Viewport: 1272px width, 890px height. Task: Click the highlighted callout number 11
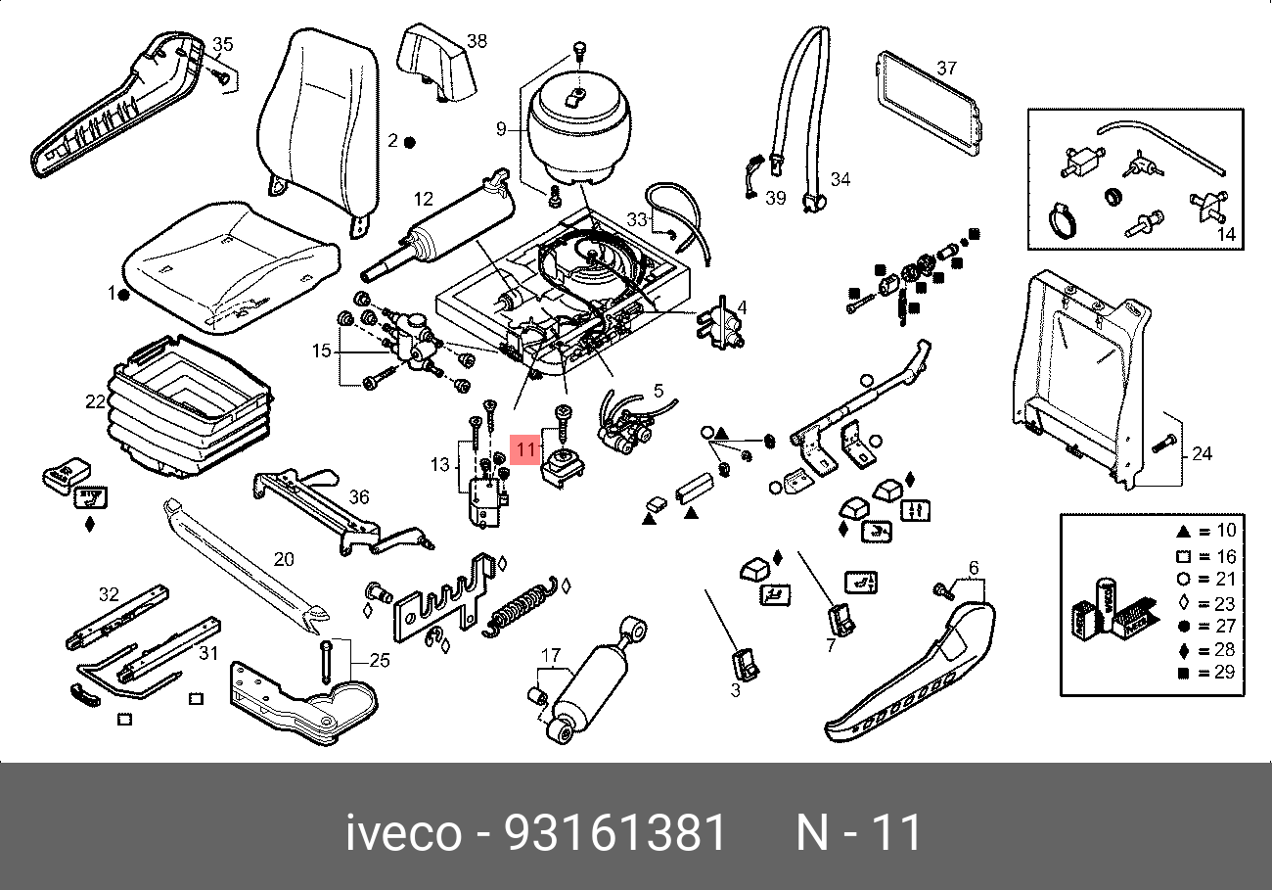click(526, 449)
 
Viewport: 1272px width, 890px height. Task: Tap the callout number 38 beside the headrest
click(477, 41)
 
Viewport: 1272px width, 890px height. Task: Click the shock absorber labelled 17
click(595, 679)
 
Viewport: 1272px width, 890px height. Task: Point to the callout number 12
click(423, 199)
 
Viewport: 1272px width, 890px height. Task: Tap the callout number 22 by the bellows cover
click(95, 401)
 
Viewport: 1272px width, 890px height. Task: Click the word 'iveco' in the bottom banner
click(402, 833)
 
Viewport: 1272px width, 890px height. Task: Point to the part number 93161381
click(615, 833)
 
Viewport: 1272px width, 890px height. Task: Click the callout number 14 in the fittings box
click(1225, 234)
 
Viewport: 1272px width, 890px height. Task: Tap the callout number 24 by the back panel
click(1203, 453)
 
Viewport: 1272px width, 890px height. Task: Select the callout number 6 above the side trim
click(974, 568)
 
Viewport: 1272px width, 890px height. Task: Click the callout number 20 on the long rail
click(284, 560)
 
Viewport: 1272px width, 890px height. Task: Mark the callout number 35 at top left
click(223, 44)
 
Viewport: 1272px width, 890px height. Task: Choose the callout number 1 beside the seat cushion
click(112, 293)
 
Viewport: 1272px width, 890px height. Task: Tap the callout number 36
click(359, 497)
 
